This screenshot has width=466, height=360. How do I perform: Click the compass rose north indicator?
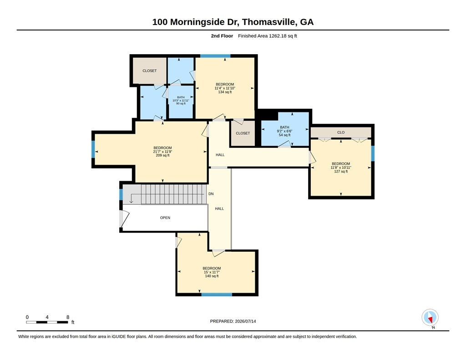click(x=430, y=318)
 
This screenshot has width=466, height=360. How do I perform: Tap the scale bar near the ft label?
click(x=47, y=322)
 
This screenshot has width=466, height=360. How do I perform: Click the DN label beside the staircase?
click(x=211, y=194)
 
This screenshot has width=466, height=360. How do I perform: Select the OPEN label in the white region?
click(x=165, y=218)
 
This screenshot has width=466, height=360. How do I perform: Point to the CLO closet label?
click(x=341, y=132)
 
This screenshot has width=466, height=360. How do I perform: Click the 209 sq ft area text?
click(x=162, y=155)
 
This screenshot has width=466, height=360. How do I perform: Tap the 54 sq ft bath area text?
click(x=284, y=135)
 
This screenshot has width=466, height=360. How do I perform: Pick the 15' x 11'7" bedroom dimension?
click(x=212, y=272)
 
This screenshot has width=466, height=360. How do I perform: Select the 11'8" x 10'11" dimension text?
click(x=341, y=167)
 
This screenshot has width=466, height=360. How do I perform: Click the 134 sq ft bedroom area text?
click(x=225, y=92)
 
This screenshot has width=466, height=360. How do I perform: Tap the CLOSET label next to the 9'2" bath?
click(x=243, y=133)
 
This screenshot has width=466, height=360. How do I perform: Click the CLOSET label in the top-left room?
click(x=149, y=71)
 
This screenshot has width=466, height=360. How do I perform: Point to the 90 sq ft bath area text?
click(x=181, y=103)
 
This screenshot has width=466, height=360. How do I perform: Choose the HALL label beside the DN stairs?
click(x=219, y=209)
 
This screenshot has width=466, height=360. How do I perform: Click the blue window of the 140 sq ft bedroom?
click(x=217, y=294)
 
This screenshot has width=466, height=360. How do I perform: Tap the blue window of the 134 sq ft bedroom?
click(x=215, y=56)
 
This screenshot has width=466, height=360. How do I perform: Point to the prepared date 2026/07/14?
click(x=245, y=321)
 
